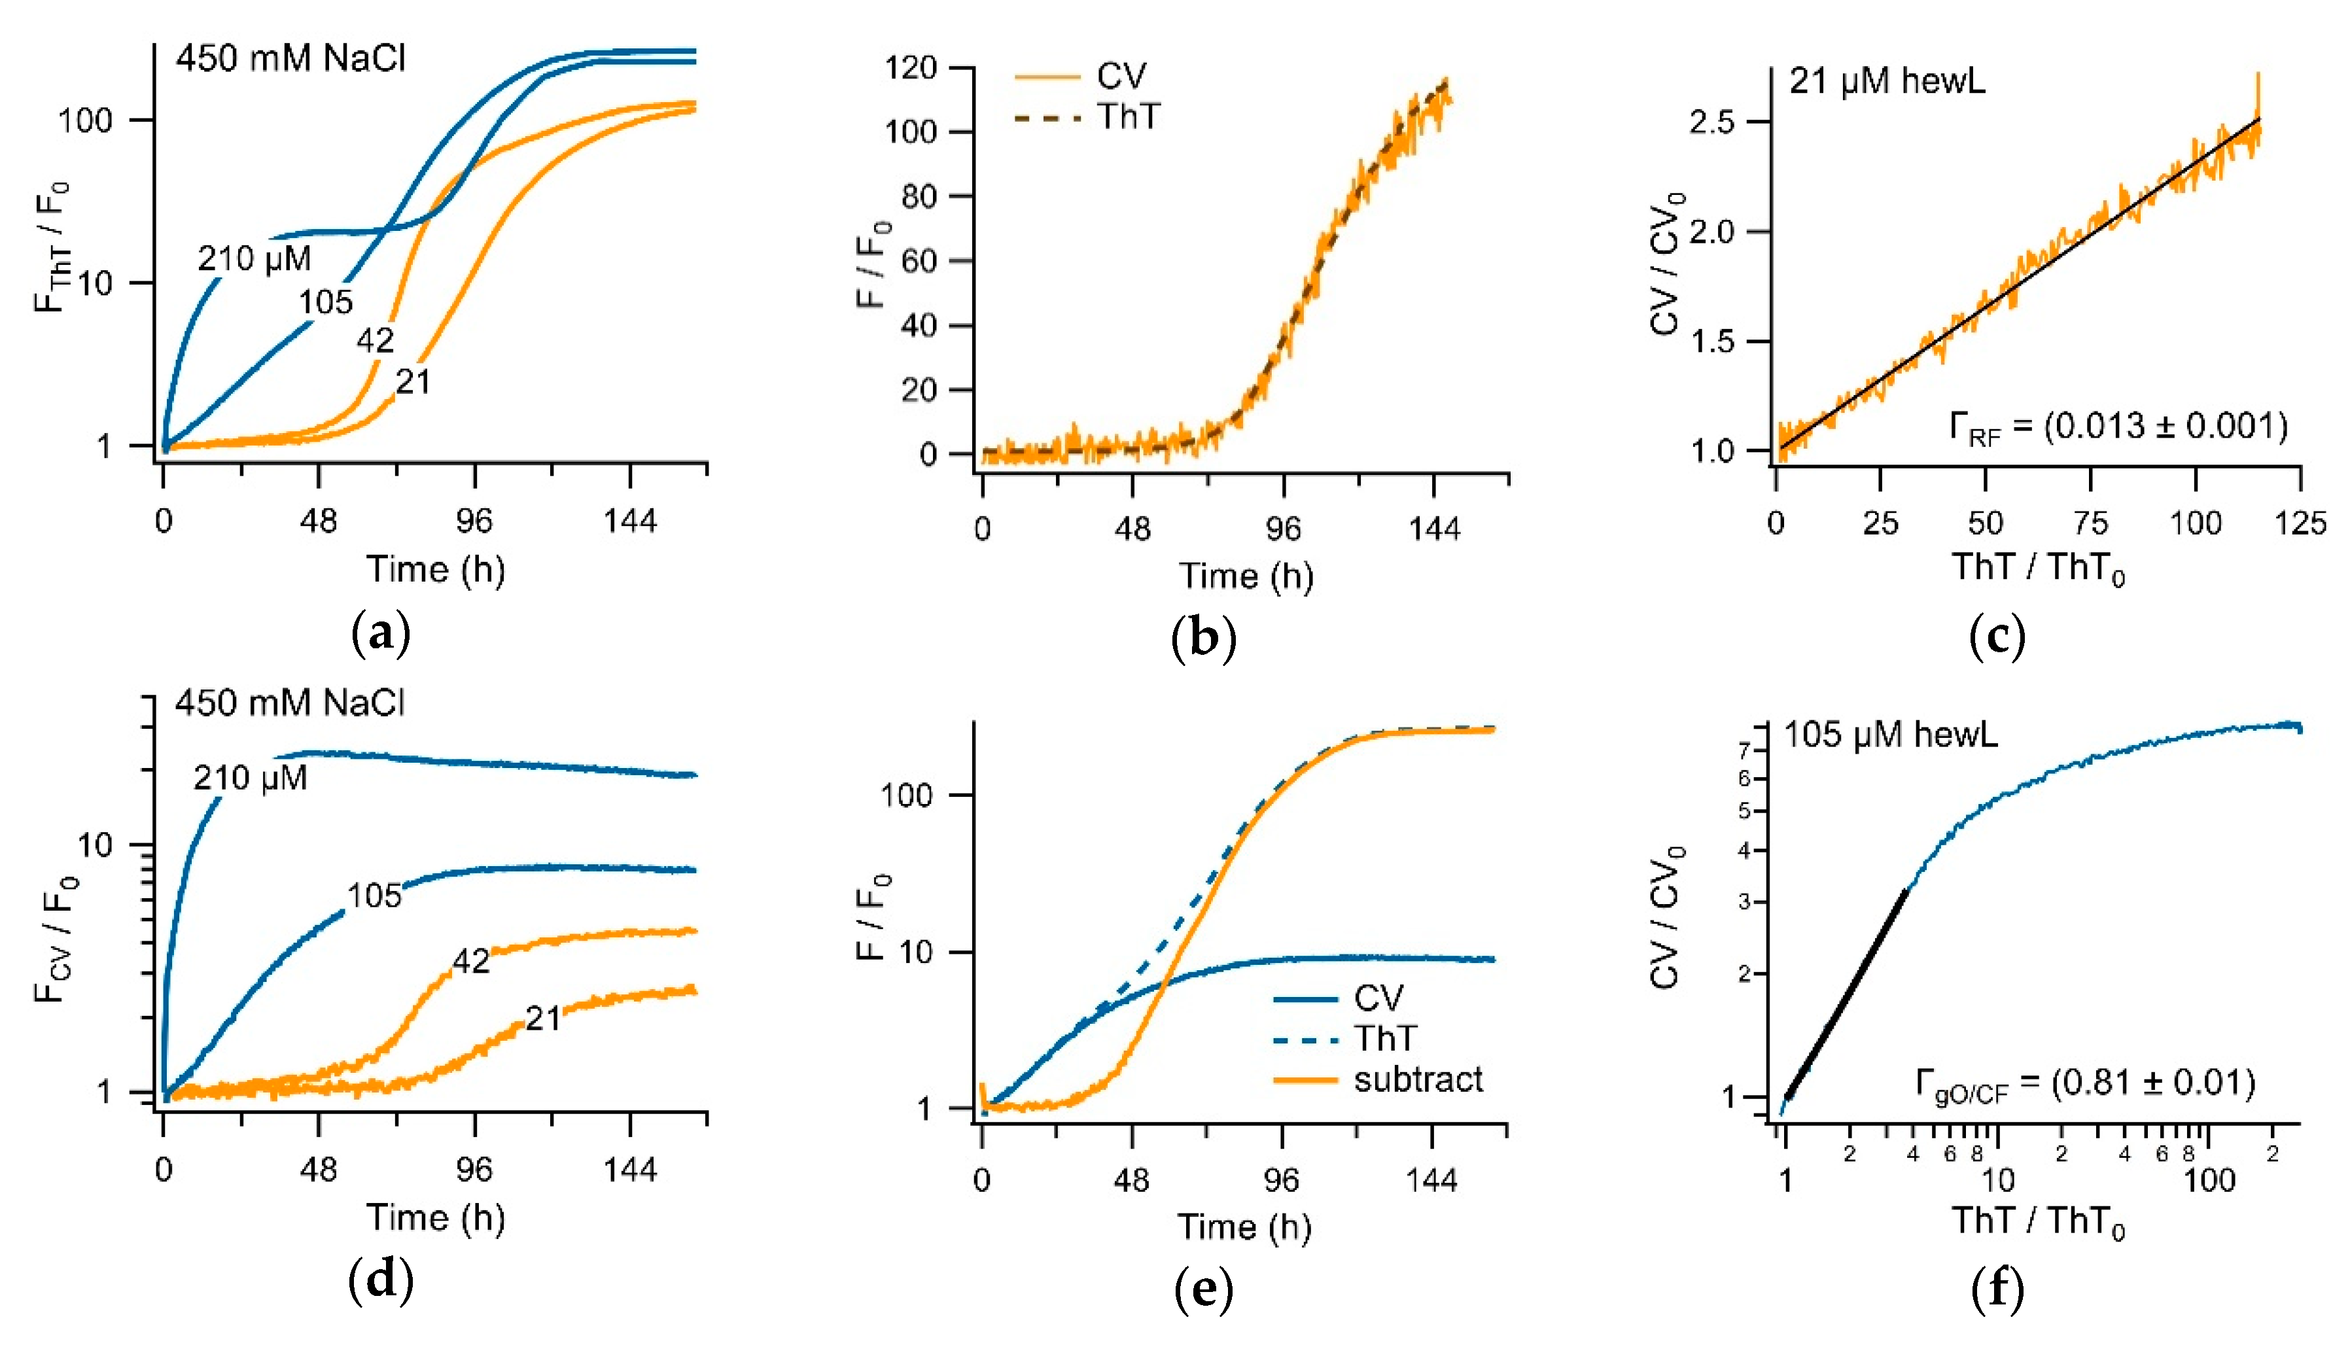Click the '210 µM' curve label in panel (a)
[x=254, y=258]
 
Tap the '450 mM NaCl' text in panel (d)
[x=290, y=703]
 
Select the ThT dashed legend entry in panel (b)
[x=1087, y=117]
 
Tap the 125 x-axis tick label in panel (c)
[x=2299, y=524]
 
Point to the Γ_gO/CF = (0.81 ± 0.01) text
[x=2086, y=1083]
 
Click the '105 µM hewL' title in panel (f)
[x=1890, y=735]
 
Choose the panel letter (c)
[x=1997, y=637]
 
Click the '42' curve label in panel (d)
[x=471, y=962]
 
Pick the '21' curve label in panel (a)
[x=413, y=381]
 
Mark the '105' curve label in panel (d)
[x=374, y=895]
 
